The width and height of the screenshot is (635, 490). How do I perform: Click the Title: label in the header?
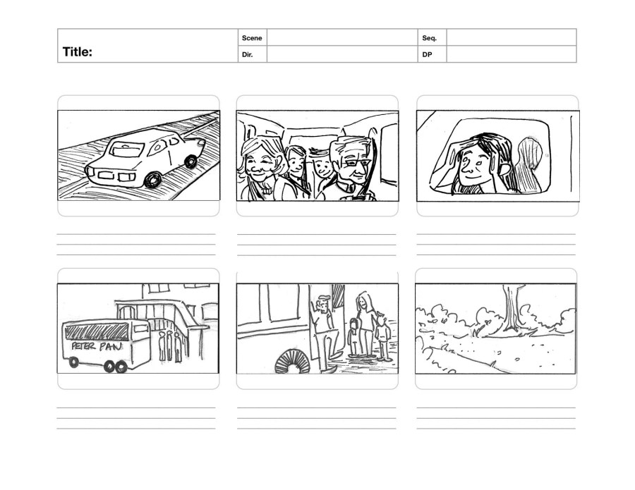[78, 52]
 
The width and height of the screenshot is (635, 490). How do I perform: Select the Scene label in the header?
[252, 38]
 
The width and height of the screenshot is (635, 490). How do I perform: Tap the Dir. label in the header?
[248, 54]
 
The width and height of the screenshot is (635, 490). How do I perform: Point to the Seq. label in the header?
[429, 38]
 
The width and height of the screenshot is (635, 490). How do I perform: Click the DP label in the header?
[428, 54]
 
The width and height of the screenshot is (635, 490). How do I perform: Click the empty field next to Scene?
[342, 37]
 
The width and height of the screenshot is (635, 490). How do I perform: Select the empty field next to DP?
[512, 54]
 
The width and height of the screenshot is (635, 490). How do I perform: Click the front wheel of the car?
[152, 180]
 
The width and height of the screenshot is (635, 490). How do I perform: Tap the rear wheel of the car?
[190, 162]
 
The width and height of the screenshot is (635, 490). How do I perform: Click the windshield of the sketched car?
[127, 149]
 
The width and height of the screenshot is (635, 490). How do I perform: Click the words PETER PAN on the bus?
[97, 346]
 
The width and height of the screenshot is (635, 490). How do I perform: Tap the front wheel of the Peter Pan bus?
[73, 362]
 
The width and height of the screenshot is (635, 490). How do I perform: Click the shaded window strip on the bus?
[97, 333]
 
